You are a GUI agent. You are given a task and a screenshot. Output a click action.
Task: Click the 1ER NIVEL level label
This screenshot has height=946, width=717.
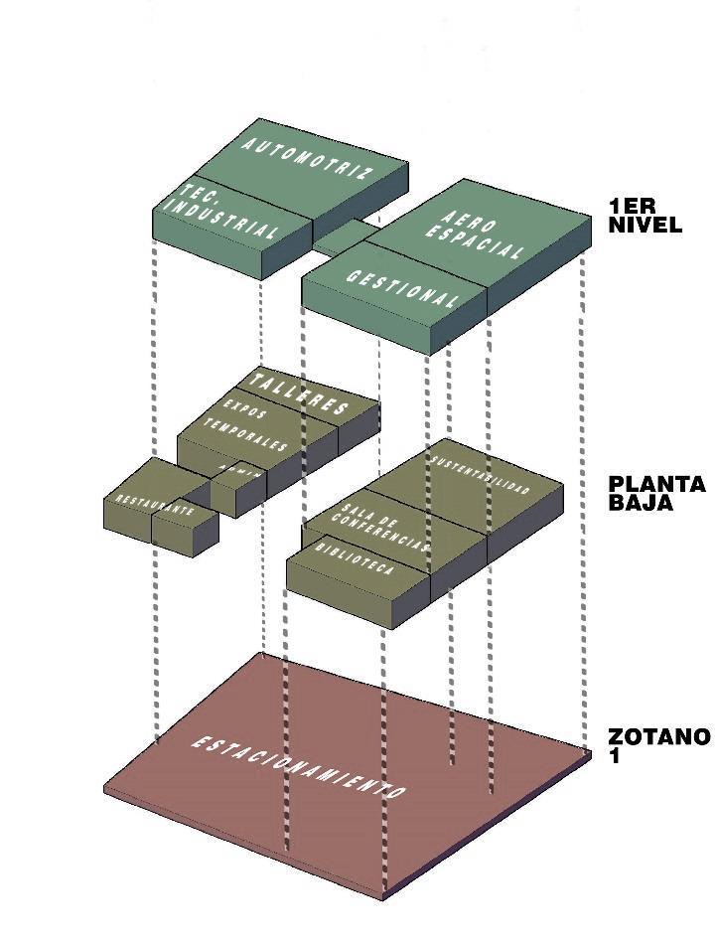click(645, 216)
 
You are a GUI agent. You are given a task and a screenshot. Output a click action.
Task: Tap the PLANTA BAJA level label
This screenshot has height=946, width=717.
click(656, 494)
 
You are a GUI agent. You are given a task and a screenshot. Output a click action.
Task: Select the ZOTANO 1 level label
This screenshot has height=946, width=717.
click(658, 745)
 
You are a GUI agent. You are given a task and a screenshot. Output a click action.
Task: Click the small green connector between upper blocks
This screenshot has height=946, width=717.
click(343, 236)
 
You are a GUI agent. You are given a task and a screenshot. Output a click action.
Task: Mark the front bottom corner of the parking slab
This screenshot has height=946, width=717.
click(384, 897)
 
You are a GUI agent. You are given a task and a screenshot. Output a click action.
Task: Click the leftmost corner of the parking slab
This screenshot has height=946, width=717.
click(105, 790)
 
